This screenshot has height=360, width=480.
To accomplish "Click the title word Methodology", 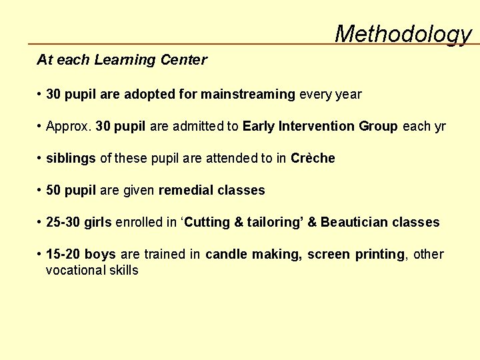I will (403, 33).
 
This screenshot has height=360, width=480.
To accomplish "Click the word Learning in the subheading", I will (122, 60).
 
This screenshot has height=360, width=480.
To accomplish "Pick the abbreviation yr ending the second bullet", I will (439, 127).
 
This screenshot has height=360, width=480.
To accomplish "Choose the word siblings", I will (71, 159).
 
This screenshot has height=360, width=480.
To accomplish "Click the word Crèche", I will (313, 159).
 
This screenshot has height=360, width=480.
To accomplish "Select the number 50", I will (54, 191).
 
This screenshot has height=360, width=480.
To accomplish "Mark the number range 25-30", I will (63, 223).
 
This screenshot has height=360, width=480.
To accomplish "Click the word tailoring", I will (274, 223).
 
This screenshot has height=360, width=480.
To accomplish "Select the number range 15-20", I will (63, 255).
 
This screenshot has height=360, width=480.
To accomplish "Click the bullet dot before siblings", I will (41, 159).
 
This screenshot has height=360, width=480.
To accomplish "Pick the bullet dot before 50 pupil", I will (41, 191).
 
